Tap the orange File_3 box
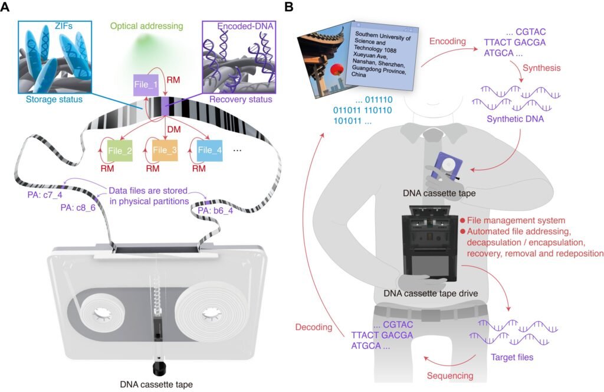pos(165,150)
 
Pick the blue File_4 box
pos(210,150)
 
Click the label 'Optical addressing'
pos(145,27)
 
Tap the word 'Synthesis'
pos(541,68)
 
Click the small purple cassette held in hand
pos(444,165)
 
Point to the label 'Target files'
pos(513,357)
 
